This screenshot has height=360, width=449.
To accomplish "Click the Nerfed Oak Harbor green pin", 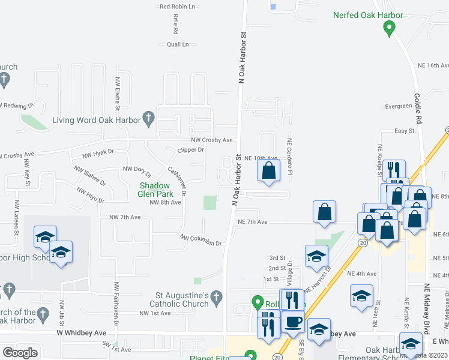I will tap(390, 28).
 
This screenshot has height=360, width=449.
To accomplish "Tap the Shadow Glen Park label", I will tap(156, 190).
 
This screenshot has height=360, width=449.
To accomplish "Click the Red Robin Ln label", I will tap(178, 7).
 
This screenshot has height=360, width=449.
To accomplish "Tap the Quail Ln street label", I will tap(178, 44).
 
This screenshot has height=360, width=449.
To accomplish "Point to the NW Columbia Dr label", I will tap(202, 240).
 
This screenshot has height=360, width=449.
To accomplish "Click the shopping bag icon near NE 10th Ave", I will tap(269, 170).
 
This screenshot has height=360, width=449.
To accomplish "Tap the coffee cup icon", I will tap(293, 322).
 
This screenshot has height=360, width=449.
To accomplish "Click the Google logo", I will tap(20, 353).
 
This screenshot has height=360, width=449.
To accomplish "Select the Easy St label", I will tap(405, 131).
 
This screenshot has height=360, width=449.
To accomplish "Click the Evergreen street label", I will tap(399, 106).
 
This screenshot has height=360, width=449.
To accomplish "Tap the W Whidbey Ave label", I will tap(82, 332).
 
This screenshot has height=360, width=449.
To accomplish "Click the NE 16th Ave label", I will tap(433, 65).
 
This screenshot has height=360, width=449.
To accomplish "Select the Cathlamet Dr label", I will tap(177, 181).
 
